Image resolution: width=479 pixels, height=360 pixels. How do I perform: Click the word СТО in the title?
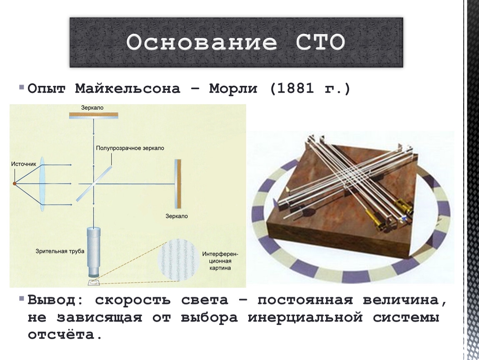320,42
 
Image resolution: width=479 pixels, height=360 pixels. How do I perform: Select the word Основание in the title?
202,42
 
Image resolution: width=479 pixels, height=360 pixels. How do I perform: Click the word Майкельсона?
128,89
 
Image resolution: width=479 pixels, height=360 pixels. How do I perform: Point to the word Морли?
233,89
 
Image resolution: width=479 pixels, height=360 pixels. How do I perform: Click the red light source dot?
14,184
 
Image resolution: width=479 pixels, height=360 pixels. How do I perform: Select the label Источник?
24,164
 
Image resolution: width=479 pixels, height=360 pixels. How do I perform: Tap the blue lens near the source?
42,184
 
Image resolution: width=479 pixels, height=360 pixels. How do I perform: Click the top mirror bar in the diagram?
93,115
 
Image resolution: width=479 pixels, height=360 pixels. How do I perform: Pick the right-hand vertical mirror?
178,184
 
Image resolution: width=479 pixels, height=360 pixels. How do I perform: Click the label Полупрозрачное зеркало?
130,148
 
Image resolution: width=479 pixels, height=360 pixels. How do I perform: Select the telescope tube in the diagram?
93,252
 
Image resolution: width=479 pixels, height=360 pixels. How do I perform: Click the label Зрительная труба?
60,252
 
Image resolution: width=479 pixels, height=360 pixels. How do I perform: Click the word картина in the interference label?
220,268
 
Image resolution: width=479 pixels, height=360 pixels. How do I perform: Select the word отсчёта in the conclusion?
65,335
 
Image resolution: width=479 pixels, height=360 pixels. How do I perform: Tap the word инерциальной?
305,317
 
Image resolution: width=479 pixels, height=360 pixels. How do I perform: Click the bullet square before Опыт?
21,87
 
